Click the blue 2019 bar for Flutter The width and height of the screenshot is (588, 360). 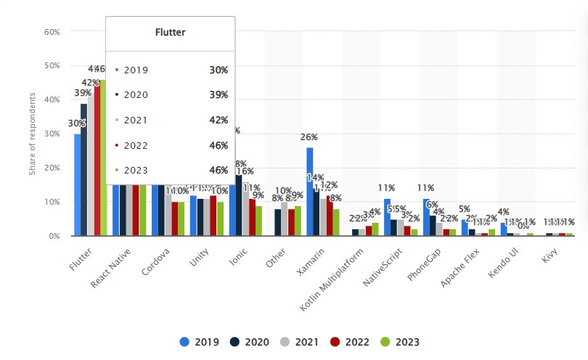77,185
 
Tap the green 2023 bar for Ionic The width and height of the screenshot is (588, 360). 258,221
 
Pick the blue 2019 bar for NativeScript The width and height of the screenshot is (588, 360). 388,217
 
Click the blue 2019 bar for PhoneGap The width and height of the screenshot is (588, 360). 426,217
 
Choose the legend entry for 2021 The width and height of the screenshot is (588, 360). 293,342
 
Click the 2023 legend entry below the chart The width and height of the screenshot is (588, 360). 396,342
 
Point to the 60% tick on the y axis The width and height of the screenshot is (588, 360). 51,31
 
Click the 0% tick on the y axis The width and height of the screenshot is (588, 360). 54,236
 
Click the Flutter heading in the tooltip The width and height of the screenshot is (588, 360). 171,32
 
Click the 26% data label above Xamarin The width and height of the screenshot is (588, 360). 309,136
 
